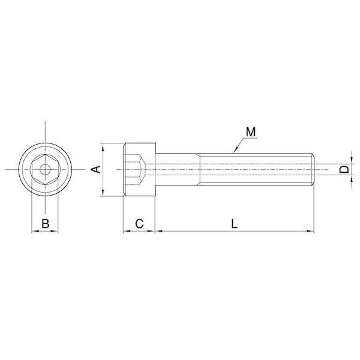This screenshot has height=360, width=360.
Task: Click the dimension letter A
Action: (96, 169)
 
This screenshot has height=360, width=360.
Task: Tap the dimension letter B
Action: (46, 223)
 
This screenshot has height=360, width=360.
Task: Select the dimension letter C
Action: (139, 223)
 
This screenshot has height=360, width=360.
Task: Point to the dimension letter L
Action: (234, 224)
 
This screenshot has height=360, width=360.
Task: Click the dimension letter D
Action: (344, 170)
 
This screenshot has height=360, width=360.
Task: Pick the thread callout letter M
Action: (251, 132)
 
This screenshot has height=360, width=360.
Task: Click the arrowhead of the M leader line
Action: (235, 150)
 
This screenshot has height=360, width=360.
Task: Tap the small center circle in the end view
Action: (45, 170)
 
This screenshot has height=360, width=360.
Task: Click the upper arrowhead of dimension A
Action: (103, 146)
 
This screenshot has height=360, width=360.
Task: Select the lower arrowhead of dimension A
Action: (103, 193)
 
